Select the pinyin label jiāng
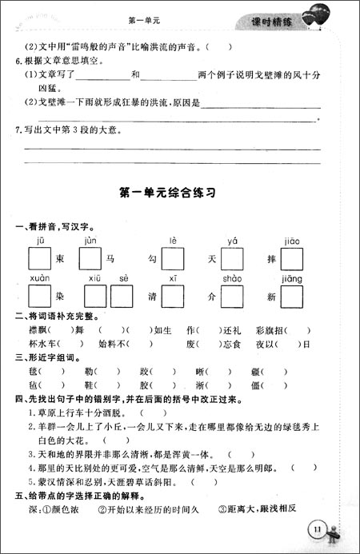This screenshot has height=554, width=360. click(x=292, y=277)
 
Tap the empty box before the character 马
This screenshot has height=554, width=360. click(x=90, y=259)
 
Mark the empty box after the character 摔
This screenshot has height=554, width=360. click(x=291, y=259)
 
